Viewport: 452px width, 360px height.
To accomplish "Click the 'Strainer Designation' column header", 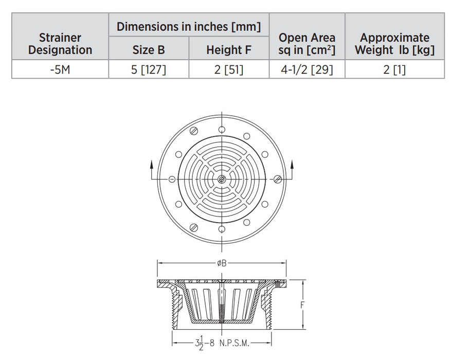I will coord(60,44).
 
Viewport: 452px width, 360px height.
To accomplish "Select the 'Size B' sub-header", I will coord(149,50).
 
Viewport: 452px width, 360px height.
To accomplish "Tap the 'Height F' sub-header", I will coord(229,50).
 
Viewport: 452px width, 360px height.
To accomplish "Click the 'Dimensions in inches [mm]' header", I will coord(188,26).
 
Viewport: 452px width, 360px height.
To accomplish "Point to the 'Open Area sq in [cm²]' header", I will coord(306,44).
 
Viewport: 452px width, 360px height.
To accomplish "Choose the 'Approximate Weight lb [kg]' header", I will coord(394,44).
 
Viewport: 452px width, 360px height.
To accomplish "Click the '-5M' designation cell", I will coord(60,69).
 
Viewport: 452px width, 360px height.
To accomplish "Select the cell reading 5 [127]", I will coord(149,69).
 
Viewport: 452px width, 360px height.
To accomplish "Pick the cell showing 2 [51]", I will coord(229,69).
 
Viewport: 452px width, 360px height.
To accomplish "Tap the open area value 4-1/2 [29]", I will coord(306,69).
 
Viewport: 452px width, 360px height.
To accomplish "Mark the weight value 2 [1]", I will coord(394,69).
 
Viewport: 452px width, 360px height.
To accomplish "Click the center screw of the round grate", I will coord(221,179).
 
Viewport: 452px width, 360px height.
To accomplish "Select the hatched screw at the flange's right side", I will coord(278,179).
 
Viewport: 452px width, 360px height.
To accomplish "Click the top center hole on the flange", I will coord(221,129).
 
